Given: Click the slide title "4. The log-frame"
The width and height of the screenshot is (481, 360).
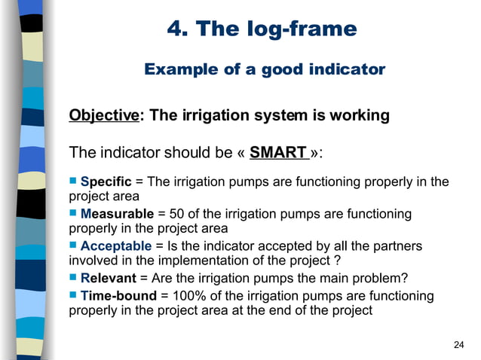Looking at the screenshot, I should [x=261, y=29].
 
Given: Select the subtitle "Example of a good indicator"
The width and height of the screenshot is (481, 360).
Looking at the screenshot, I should [x=264, y=70].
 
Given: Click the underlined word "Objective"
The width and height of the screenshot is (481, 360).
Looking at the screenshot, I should [x=104, y=116].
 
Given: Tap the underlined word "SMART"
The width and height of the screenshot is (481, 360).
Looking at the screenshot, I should [x=277, y=153].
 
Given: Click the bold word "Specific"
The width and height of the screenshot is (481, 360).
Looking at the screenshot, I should [x=106, y=182].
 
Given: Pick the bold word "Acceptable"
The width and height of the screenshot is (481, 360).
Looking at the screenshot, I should [x=115, y=246].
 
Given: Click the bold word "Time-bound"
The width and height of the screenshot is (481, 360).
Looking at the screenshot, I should [x=118, y=296].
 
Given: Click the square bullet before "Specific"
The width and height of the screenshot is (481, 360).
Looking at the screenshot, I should [x=73, y=181].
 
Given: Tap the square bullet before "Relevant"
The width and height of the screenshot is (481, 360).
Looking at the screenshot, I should [x=73, y=278].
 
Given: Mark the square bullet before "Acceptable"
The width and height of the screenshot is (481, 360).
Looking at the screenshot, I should [x=73, y=246].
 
